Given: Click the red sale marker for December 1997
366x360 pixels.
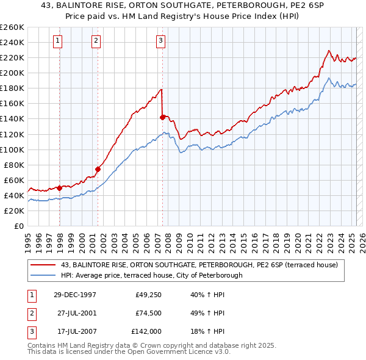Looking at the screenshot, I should click(60, 188).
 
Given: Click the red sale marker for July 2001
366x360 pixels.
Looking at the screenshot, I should click(98, 169).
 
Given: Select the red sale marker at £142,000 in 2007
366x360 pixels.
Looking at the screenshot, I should click(162, 117).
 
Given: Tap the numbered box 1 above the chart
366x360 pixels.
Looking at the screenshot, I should click(57, 41).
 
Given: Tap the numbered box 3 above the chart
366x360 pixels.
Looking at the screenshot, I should click(160, 41).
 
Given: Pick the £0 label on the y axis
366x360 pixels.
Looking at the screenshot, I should click(20, 226).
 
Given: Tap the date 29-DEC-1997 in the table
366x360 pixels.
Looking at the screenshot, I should click(75, 295).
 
